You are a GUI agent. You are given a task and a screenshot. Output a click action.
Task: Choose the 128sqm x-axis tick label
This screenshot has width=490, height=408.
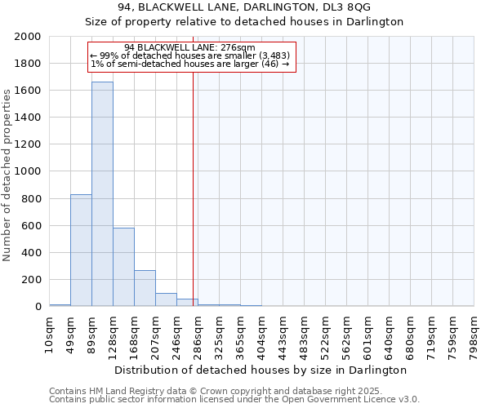click(x=114, y=334)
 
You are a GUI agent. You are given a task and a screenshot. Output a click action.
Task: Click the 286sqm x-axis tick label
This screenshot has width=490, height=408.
click(x=198, y=334)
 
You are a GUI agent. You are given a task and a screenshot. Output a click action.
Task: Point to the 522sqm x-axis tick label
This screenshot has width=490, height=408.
click(x=326, y=334)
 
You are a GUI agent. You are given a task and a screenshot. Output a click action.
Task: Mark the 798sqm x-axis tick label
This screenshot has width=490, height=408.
click(x=474, y=334)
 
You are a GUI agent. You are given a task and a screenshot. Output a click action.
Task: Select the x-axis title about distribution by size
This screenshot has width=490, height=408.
click(x=261, y=370)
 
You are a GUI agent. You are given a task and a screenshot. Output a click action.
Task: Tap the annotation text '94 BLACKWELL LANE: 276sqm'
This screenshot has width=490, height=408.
click(x=190, y=48)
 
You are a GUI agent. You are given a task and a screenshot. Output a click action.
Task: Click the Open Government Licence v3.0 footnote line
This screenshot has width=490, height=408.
click(x=234, y=400)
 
